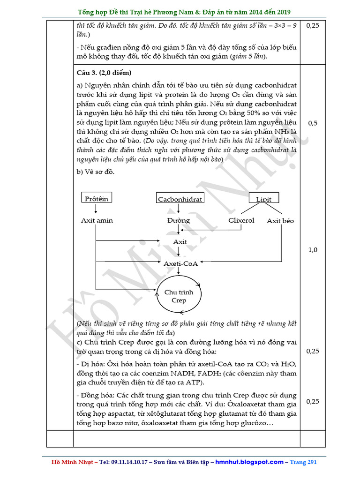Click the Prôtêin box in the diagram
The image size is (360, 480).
97,198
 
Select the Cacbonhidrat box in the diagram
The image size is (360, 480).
180,199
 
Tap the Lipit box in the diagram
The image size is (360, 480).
263,199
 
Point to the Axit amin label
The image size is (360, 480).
97,220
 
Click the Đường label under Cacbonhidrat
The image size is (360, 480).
179,220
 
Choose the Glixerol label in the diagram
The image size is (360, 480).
241,220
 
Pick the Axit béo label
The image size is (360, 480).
280,220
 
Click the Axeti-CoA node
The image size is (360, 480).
180,263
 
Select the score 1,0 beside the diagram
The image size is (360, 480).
313,250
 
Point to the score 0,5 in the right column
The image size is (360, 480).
313,123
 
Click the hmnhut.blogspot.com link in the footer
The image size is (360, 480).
249,462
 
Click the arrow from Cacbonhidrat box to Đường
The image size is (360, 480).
179,210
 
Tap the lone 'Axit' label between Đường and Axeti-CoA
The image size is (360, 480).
180,242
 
